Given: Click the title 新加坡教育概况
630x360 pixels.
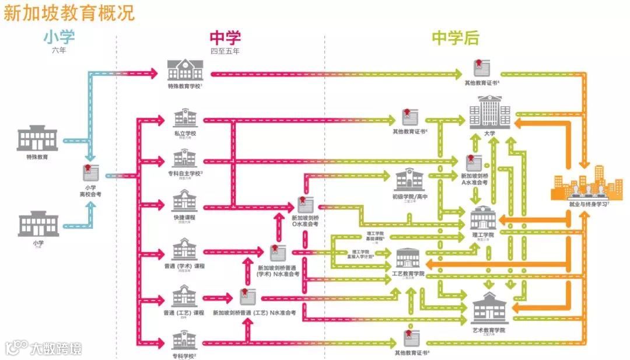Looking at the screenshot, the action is pos(69,12).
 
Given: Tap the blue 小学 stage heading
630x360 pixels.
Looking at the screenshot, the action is pos(59,37).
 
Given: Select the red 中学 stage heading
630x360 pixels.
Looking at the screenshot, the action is pos(225,37).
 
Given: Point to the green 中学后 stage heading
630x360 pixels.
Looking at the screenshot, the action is pos(456,38).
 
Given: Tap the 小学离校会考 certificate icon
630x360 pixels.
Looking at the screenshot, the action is pos(90,173).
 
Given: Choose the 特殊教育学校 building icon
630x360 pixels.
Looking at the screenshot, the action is pos(185,70).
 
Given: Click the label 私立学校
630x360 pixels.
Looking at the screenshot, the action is pos(184,134).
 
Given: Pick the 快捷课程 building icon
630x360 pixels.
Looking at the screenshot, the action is pos(184,201).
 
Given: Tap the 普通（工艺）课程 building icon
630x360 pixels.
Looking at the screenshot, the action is pos(184,296).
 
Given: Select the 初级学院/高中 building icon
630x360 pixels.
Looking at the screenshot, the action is pos(409,180).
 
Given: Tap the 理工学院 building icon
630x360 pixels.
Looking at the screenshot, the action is pos(483,218).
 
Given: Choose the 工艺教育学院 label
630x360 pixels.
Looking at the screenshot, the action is pos(409,274).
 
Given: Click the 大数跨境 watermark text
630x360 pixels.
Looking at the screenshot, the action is pos(56,349).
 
